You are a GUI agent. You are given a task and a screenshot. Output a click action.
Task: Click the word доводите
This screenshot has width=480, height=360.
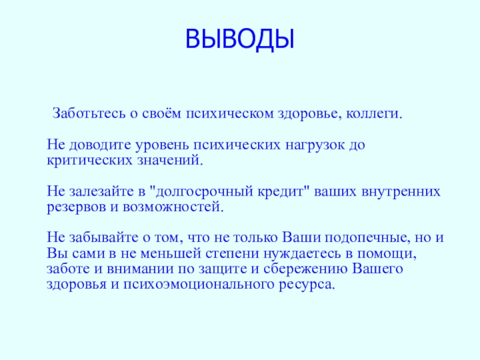[95, 146]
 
